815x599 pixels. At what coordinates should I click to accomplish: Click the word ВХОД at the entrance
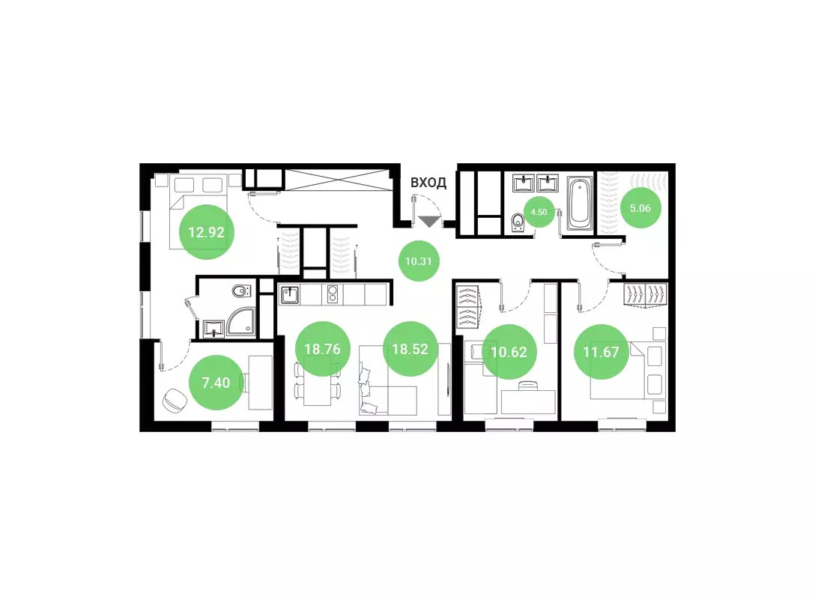pyautogui.click(x=428, y=183)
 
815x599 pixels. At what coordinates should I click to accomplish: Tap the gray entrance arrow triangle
pyautogui.click(x=429, y=222)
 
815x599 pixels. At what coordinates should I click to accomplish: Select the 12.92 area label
pyautogui.click(x=206, y=232)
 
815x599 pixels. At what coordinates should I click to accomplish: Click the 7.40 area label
pyautogui.click(x=216, y=383)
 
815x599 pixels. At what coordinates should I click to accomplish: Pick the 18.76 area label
pyautogui.click(x=322, y=349)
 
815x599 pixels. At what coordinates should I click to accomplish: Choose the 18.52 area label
pyautogui.click(x=410, y=349)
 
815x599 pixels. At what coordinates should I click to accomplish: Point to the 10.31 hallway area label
pyautogui.click(x=419, y=261)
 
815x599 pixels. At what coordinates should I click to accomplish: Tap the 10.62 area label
pyautogui.click(x=509, y=352)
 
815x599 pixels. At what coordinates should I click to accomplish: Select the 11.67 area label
pyautogui.click(x=602, y=352)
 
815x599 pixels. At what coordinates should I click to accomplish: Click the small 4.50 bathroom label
pyautogui.click(x=539, y=212)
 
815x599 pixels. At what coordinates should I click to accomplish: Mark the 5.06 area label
pyautogui.click(x=640, y=208)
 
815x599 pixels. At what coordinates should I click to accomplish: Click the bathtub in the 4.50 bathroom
pyautogui.click(x=580, y=203)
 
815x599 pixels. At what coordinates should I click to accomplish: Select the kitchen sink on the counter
pyautogui.click(x=289, y=294)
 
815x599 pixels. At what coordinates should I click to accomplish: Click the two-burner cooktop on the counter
pyautogui.click(x=332, y=294)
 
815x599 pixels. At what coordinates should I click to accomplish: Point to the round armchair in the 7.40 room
pyautogui.click(x=175, y=400)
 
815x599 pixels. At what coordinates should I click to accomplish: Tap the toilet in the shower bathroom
pyautogui.click(x=240, y=291)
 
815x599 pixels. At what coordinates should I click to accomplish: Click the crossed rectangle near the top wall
pyautogui.click(x=337, y=180)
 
